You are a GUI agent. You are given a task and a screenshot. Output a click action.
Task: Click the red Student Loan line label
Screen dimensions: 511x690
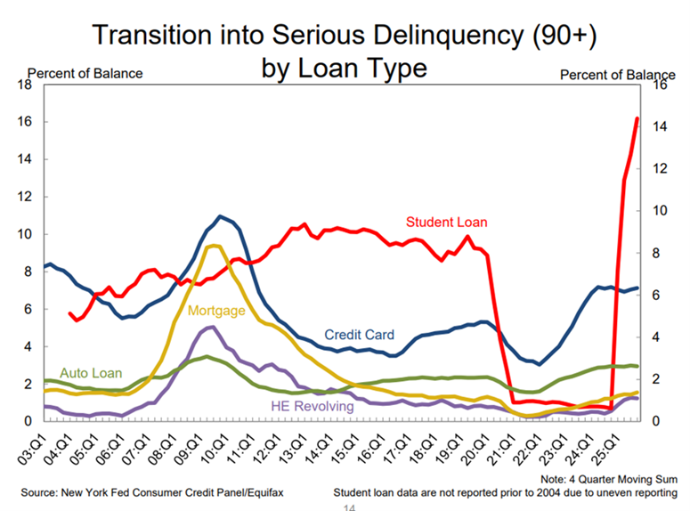coord(447,222)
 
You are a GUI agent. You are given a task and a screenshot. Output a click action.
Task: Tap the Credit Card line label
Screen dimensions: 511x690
coord(359,335)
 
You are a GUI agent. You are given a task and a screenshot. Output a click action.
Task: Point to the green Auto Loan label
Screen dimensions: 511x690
coord(90,373)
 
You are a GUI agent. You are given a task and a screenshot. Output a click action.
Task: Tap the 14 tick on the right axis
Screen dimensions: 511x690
coord(660,127)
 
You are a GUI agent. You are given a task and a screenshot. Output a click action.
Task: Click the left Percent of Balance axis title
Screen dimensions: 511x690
coord(85,73)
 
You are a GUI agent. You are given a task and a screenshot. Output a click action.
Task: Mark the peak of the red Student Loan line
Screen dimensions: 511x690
coord(637,118)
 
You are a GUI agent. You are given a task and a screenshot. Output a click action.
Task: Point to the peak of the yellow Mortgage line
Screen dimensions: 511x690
coord(212,246)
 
